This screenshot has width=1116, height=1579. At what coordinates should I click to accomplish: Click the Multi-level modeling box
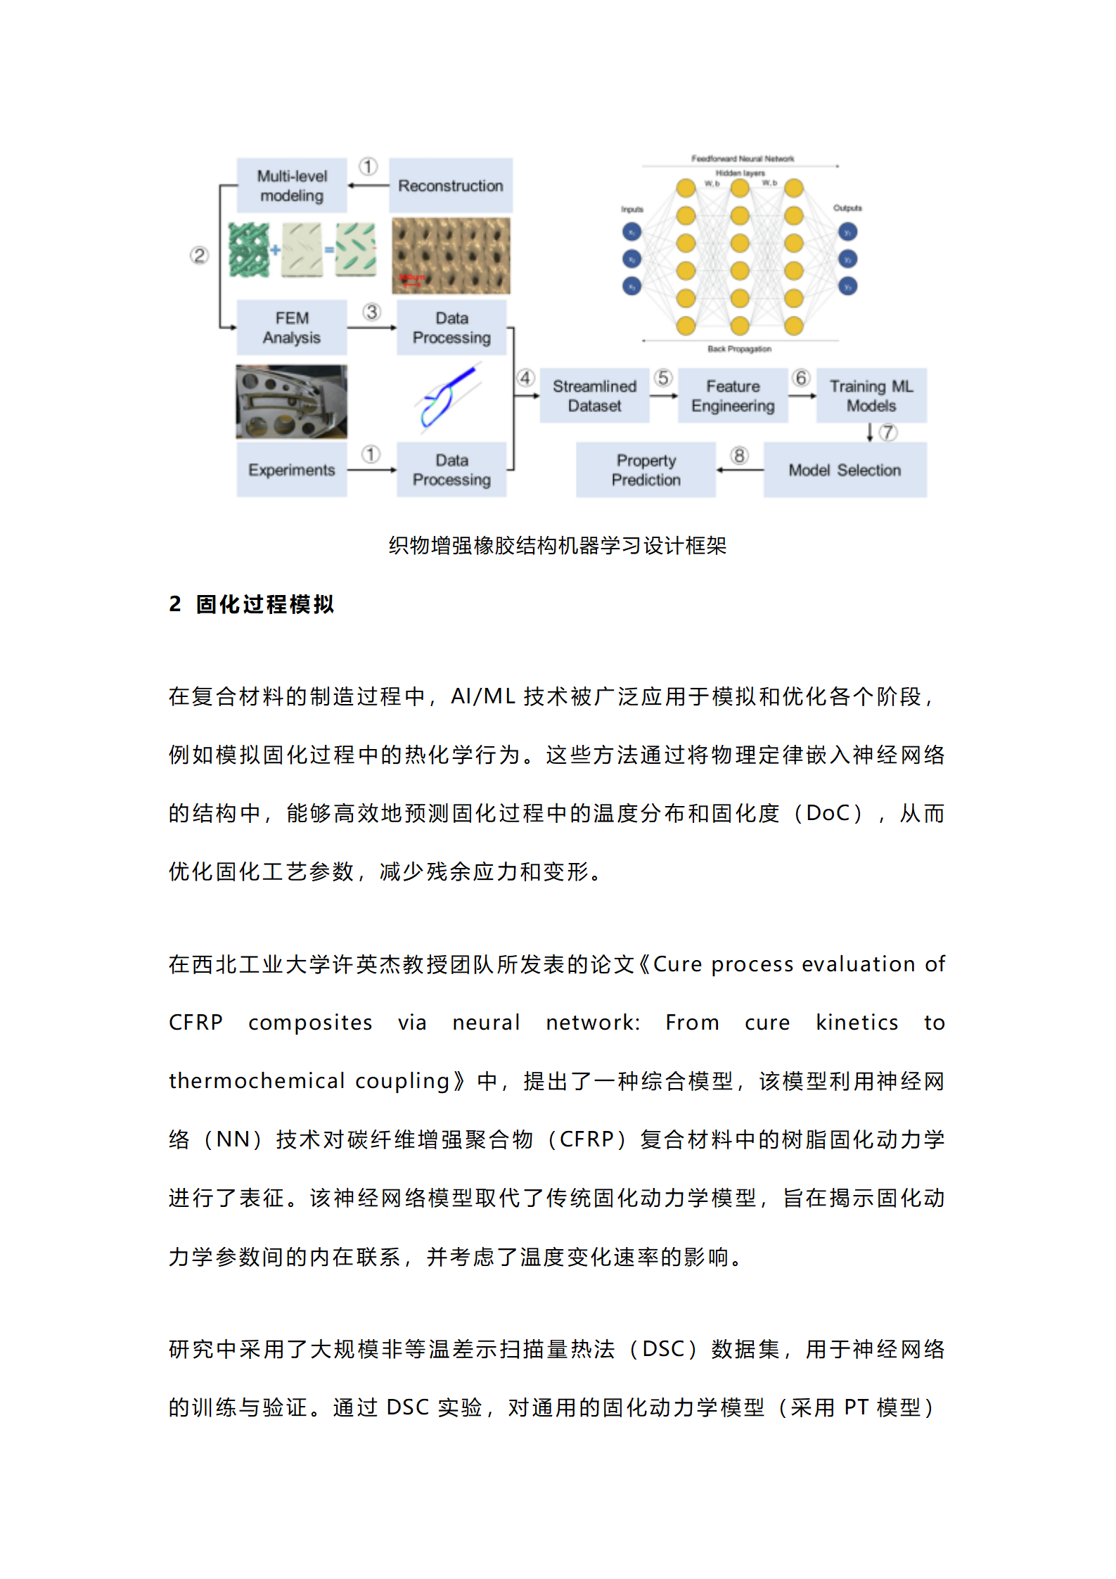pyautogui.click(x=291, y=186)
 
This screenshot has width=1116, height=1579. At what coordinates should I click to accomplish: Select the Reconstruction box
pyautogui.click(x=450, y=186)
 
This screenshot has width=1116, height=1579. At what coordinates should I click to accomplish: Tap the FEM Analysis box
pyautogui.click(x=291, y=328)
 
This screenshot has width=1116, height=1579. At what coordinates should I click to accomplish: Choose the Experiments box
pyautogui.click(x=291, y=470)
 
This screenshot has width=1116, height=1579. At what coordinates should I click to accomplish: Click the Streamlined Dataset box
pyautogui.click(x=594, y=396)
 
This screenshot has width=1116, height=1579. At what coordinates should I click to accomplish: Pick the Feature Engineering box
pyautogui.click(x=733, y=396)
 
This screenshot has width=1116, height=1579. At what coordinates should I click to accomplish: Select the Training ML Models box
pyautogui.click(x=871, y=396)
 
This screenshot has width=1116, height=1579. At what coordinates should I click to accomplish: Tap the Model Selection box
pyautogui.click(x=845, y=470)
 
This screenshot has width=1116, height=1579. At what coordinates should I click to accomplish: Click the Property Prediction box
pyautogui.click(x=646, y=470)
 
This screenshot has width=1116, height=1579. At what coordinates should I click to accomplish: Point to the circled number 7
pyautogui.click(x=888, y=433)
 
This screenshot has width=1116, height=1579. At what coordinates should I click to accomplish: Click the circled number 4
pyautogui.click(x=525, y=378)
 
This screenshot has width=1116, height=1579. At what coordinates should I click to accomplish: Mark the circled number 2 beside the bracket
pyautogui.click(x=199, y=255)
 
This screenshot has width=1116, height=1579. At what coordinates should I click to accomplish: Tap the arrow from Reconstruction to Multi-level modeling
pyautogui.click(x=368, y=186)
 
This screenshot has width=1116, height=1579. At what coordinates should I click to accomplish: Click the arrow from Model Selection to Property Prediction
pyautogui.click(x=740, y=470)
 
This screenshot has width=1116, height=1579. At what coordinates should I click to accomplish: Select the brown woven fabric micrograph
pyautogui.click(x=451, y=255)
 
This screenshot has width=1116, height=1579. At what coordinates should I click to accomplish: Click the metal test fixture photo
pyautogui.click(x=291, y=402)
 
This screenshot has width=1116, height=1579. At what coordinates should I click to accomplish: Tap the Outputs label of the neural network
pyautogui.click(x=847, y=208)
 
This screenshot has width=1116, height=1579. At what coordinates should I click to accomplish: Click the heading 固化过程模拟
pyautogui.click(x=265, y=604)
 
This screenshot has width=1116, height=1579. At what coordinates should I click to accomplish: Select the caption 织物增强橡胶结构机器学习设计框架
pyautogui.click(x=558, y=545)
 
